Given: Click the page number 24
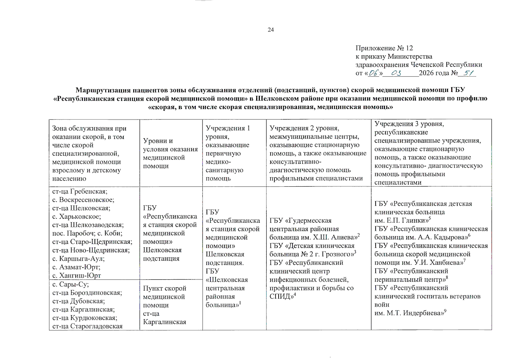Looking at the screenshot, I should point(271,30).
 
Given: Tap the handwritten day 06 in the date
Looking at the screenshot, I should point(373,73).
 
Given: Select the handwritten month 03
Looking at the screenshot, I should point(396,73).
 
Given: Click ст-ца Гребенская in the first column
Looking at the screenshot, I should point(80,191).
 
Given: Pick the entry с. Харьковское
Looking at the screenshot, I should point(77,217).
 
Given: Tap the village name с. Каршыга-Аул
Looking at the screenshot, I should point(78,259).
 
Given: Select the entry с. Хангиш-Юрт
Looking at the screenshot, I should point(77,275).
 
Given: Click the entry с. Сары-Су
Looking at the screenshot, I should point(70,284).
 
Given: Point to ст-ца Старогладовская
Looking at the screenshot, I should point(87,326).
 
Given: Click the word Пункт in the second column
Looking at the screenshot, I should point(152,288).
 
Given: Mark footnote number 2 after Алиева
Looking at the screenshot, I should point(358,235).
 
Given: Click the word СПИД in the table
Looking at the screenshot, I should point(280,297).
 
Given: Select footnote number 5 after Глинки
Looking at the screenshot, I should point(430,218).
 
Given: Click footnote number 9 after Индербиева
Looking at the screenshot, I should point(445,311).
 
